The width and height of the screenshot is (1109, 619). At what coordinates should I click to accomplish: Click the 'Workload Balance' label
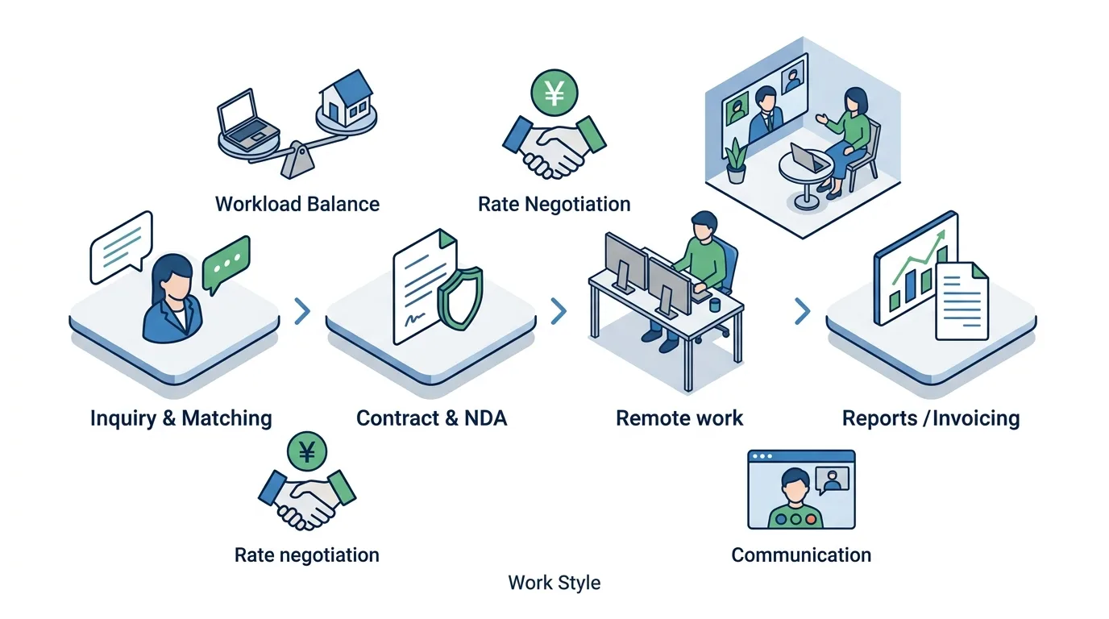[297, 204]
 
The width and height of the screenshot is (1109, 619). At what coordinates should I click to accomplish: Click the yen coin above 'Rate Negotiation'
[554, 93]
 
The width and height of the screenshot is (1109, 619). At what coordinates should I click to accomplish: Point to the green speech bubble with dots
[226, 264]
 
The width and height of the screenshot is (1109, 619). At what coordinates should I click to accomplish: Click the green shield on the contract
[460, 298]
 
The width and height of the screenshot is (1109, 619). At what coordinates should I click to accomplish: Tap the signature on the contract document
[414, 319]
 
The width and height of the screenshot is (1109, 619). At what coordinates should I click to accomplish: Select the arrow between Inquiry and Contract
[302, 311]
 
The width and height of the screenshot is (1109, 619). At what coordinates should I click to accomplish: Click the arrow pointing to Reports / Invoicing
[802, 311]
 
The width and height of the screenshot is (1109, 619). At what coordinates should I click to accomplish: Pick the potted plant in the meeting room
[736, 160]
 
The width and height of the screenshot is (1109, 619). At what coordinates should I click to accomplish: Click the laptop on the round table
[808, 157]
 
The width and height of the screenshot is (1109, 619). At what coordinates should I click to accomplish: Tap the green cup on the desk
[714, 305]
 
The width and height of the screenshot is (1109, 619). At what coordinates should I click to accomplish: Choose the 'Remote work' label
[679, 418]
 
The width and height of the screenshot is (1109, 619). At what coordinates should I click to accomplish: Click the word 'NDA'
[486, 418]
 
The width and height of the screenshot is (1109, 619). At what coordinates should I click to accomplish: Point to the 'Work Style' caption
[554, 583]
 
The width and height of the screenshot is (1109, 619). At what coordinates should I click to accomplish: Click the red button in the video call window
[811, 519]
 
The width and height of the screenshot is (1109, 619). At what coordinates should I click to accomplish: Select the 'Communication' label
[801, 555]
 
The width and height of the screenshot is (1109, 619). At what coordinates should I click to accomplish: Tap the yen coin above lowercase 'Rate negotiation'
[307, 451]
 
